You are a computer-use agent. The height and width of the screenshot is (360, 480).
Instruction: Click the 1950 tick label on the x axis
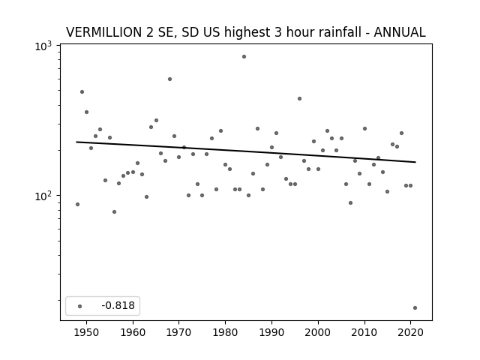pos(87,332)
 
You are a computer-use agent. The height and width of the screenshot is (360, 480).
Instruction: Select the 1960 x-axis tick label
pos(133,332)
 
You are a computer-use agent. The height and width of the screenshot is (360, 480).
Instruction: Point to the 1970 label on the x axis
pos(178,332)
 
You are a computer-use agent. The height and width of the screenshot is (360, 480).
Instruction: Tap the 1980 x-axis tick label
pos(225,332)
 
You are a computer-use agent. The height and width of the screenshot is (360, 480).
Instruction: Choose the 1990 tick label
pos(271,332)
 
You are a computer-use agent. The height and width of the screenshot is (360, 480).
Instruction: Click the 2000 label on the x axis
pos(318,332)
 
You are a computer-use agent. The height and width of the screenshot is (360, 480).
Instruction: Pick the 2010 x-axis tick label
pos(364,332)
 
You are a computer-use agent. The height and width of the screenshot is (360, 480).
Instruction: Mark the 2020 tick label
pos(410,332)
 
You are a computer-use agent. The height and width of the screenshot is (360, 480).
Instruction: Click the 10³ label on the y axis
pos(43,46)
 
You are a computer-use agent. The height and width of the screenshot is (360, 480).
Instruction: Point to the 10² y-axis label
pos(43,196)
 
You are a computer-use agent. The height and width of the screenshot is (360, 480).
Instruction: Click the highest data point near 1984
pos(244,57)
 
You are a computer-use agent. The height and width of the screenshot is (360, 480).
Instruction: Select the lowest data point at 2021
pos(415,308)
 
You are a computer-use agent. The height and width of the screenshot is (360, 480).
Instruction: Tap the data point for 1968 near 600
pos(170,79)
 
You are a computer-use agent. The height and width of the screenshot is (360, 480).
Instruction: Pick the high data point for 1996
pos(300,98)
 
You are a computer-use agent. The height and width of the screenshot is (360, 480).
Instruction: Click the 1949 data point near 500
pos(82,91)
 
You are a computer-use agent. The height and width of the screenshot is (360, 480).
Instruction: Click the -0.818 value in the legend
pos(118,305)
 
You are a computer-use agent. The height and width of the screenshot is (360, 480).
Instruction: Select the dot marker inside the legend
pos(80,306)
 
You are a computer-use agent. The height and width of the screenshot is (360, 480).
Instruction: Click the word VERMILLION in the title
pos(104,32)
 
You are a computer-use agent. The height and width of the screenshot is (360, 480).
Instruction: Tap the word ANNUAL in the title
pos(400,32)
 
